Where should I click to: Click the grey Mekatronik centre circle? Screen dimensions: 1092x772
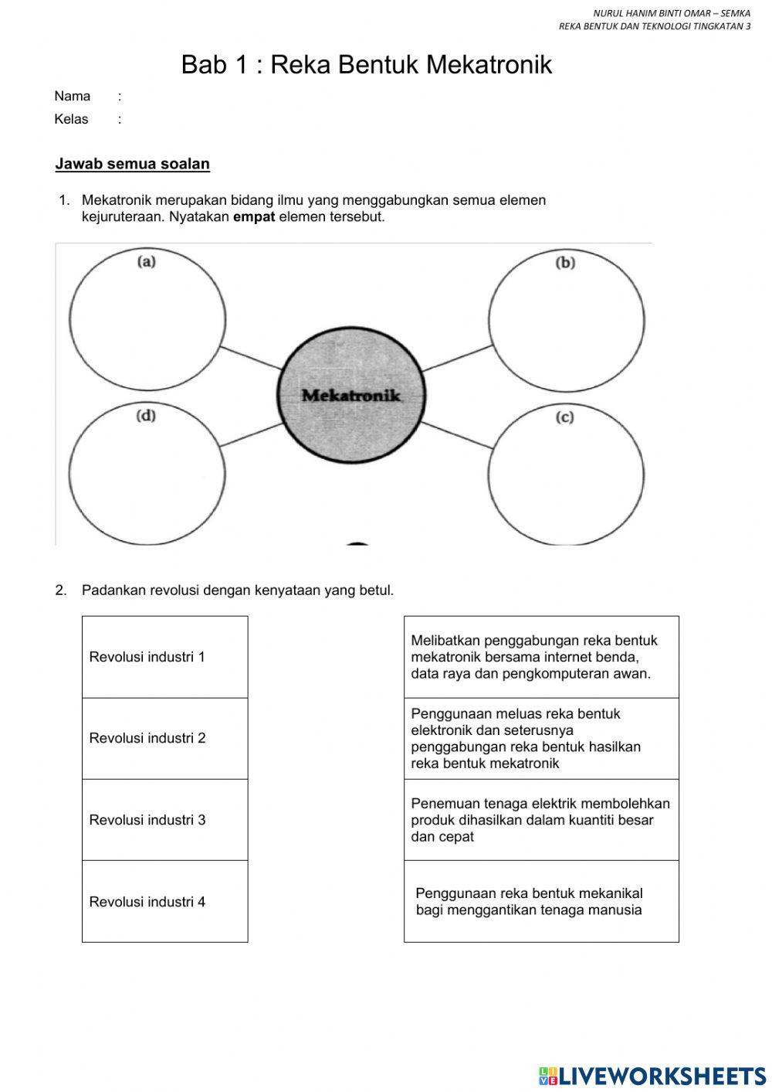pyautogui.click(x=351, y=394)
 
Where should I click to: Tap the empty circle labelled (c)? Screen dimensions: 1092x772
pyautogui.click(x=567, y=475)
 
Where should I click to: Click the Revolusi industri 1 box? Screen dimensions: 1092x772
pyautogui.click(x=164, y=657)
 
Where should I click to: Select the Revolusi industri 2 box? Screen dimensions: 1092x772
pyautogui.click(x=164, y=738)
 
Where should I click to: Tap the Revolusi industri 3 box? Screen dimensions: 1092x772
pyautogui.click(x=164, y=820)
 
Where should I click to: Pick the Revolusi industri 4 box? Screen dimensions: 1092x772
pyautogui.click(x=164, y=901)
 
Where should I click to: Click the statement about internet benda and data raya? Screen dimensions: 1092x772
pyautogui.click(x=540, y=657)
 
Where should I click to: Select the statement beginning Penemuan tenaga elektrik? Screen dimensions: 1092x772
pyautogui.click(x=540, y=820)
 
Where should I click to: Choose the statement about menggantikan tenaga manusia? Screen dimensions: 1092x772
pyautogui.click(x=540, y=901)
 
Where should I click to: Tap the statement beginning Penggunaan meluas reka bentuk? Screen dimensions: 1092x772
pyautogui.click(x=540, y=738)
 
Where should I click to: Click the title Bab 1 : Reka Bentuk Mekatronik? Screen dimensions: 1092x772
pyautogui.click(x=367, y=65)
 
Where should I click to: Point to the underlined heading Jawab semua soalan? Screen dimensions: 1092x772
pyautogui.click(x=133, y=164)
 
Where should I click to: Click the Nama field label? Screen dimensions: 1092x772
pyautogui.click(x=73, y=97)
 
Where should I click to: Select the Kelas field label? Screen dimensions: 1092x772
pyautogui.click(x=72, y=119)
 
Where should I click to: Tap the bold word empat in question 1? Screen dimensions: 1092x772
pyautogui.click(x=254, y=217)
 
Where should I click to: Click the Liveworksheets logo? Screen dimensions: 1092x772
pyautogui.click(x=652, y=1075)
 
